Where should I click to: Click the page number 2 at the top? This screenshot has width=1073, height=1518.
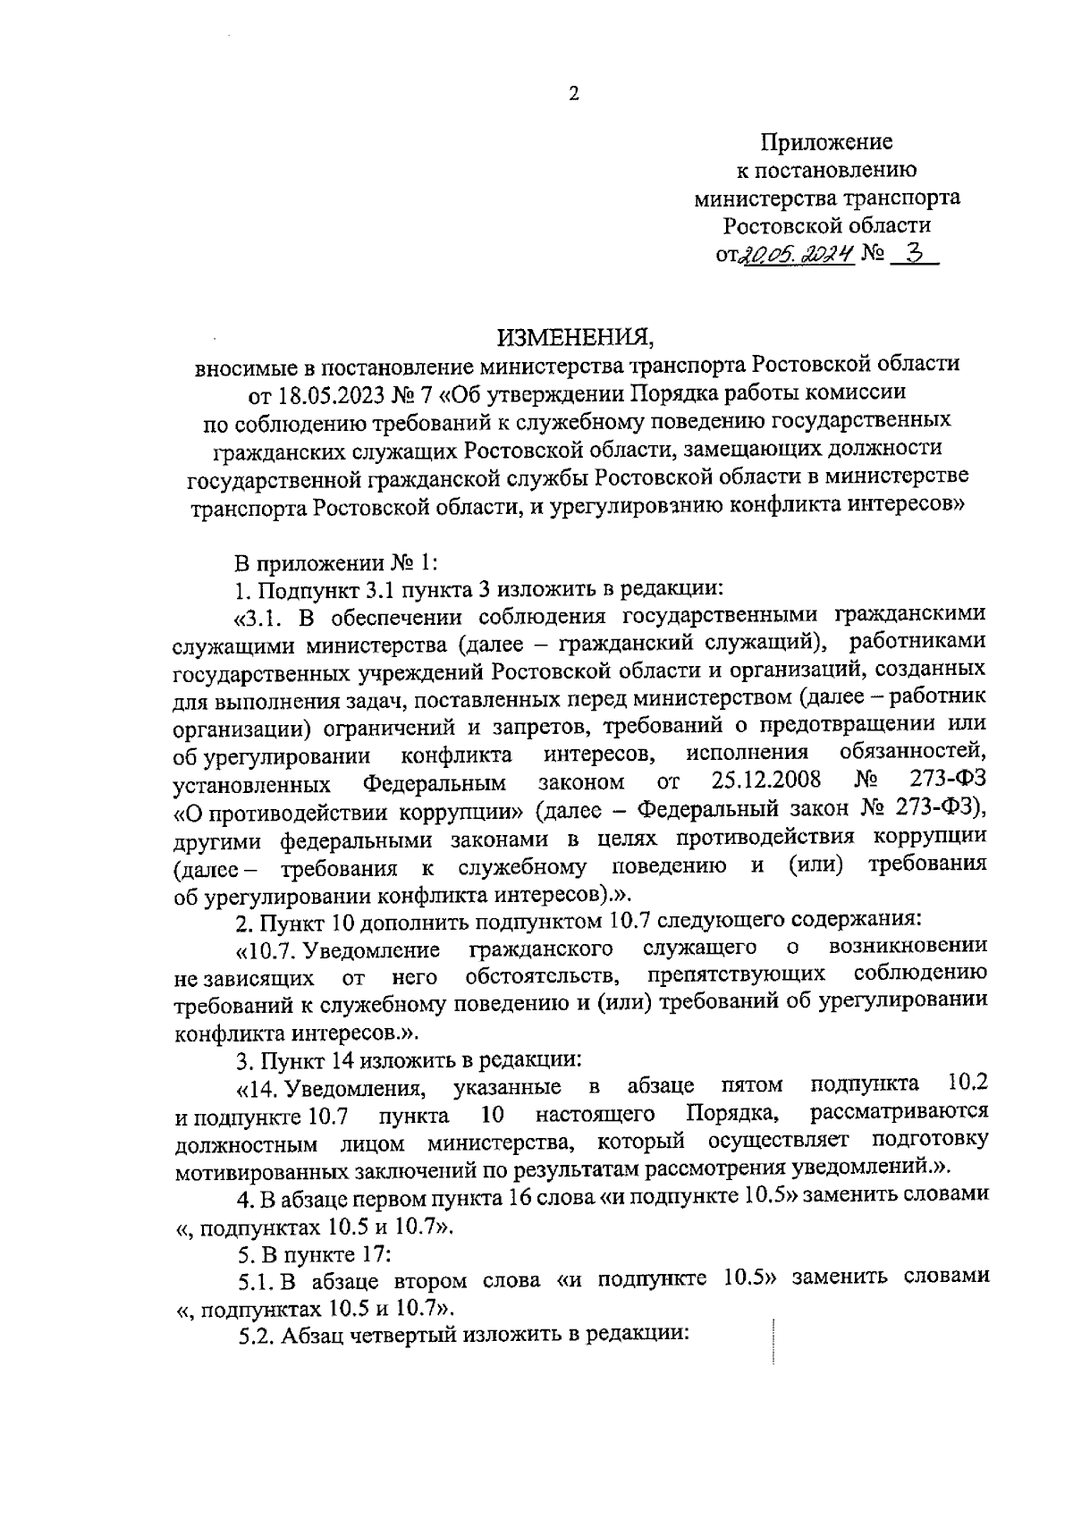(573, 94)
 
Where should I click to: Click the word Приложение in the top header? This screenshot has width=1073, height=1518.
(827, 142)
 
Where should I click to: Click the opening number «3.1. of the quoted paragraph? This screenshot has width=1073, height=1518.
(258, 617)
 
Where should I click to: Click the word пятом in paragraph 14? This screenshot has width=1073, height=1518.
(751, 1086)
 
